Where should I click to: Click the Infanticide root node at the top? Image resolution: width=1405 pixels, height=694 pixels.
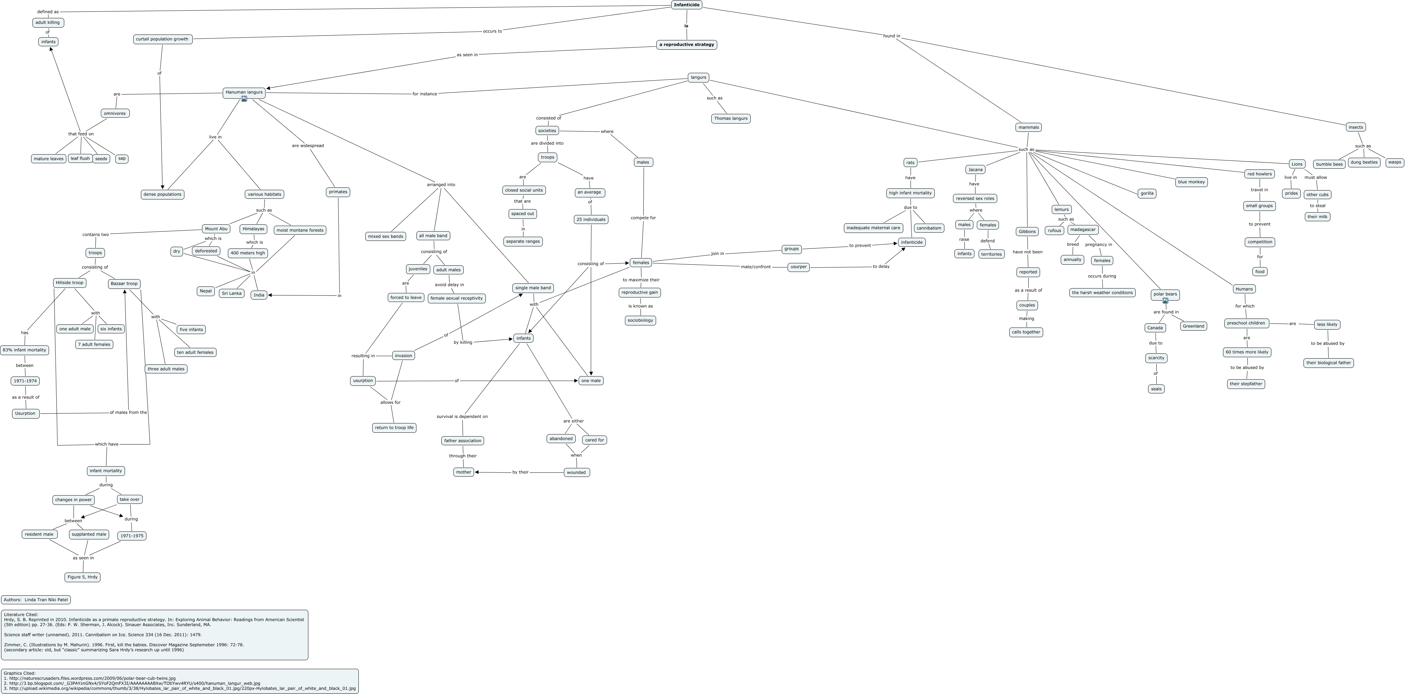click(x=686, y=5)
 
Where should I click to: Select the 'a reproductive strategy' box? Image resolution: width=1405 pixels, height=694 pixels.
click(x=686, y=45)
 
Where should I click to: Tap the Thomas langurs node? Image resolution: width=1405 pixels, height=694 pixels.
click(x=730, y=119)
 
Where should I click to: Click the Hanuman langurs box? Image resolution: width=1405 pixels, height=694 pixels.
click(x=244, y=92)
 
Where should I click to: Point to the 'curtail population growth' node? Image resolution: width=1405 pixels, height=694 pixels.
click(x=163, y=39)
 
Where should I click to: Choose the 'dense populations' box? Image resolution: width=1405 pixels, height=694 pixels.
click(x=162, y=195)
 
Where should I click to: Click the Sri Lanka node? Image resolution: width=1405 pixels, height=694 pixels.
click(x=231, y=293)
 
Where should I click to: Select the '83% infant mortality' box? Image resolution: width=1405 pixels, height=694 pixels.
click(x=25, y=350)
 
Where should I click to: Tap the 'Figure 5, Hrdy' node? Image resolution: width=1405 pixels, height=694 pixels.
click(x=83, y=577)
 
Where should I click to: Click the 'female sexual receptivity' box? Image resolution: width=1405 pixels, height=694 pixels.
click(x=456, y=298)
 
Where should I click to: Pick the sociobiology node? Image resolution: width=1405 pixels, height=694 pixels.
click(x=640, y=321)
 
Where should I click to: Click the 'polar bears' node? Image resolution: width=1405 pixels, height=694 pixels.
click(x=1165, y=294)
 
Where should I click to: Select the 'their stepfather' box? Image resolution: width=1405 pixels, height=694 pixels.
click(x=1246, y=384)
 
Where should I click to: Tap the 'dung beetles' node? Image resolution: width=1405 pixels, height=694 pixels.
click(x=1364, y=163)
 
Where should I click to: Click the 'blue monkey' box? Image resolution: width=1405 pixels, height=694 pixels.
click(x=1191, y=182)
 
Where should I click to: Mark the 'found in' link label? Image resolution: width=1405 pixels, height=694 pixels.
click(x=891, y=36)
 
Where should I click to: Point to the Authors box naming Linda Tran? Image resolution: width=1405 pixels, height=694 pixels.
click(x=36, y=600)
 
